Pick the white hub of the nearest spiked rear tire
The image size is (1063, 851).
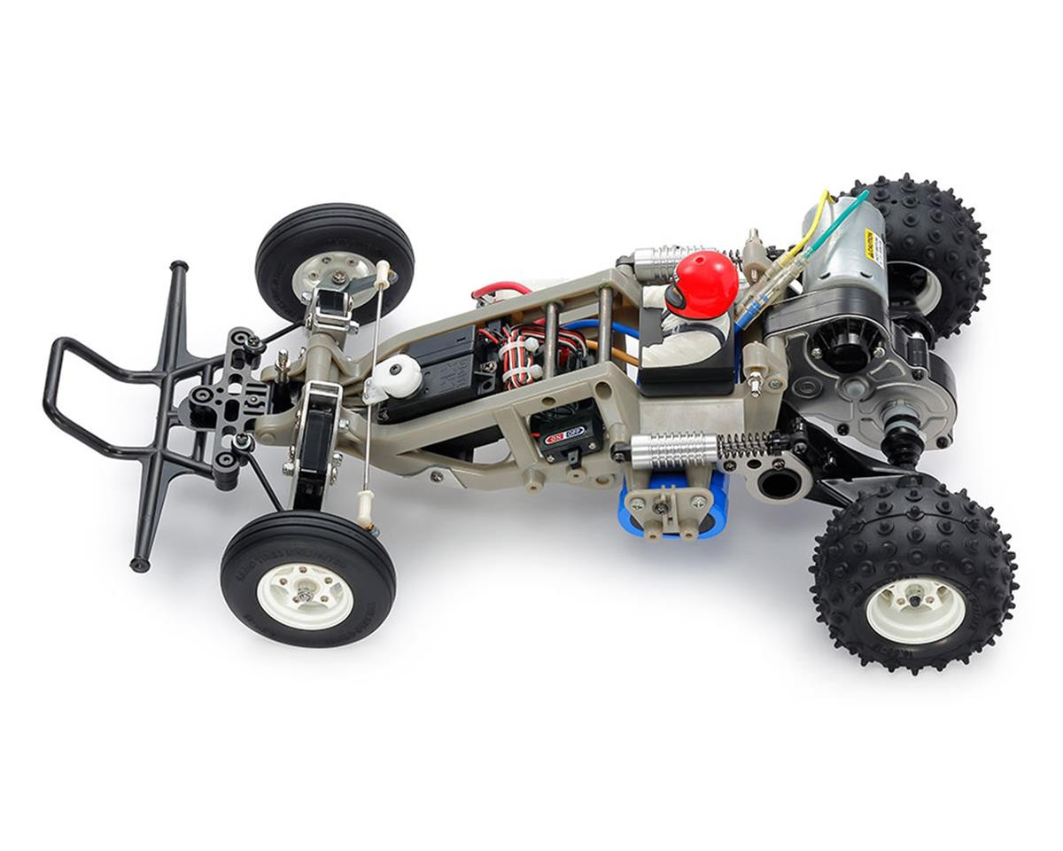click(x=915, y=610)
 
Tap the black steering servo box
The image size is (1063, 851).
click(x=438, y=368)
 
